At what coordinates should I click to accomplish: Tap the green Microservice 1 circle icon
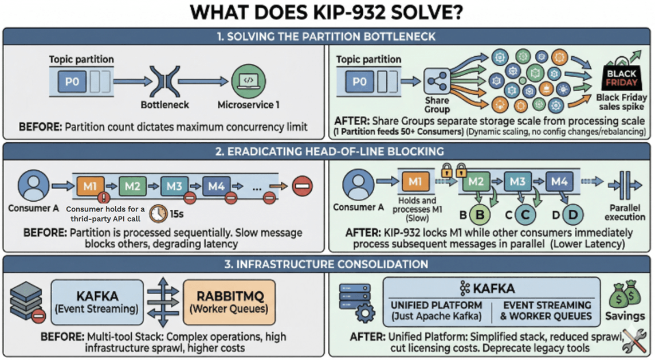(x=248, y=81)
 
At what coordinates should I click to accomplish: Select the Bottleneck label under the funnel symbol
(x=164, y=105)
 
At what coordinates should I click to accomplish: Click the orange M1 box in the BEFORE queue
(x=90, y=186)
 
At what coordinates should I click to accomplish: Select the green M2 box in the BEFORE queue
(x=132, y=186)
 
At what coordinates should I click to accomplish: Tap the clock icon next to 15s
(x=158, y=214)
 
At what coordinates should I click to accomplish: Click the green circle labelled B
(x=480, y=215)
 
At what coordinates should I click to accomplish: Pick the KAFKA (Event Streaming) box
(x=97, y=302)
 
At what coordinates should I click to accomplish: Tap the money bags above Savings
(x=624, y=296)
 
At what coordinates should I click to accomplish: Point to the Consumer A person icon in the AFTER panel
(x=359, y=185)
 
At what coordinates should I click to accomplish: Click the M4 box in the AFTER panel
(x=559, y=182)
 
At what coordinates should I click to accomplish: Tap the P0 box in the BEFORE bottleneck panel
(x=72, y=81)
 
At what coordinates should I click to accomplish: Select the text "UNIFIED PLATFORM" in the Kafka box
(x=436, y=305)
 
